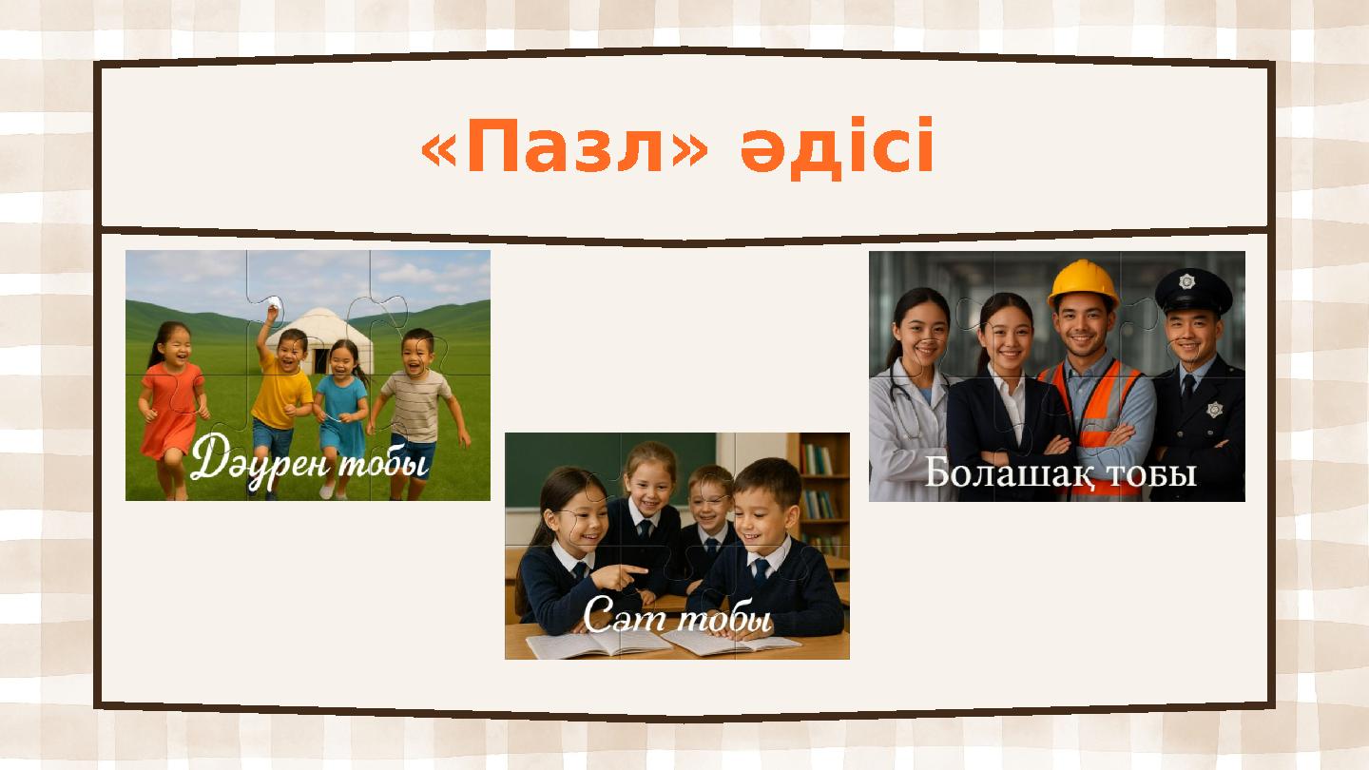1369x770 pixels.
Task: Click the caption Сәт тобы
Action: (x=676, y=617)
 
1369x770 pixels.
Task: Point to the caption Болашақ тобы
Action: (x=1060, y=472)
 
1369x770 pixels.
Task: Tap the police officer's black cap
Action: (x=1192, y=290)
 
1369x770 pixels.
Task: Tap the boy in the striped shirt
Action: (x=418, y=399)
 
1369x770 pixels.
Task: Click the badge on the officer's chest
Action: (x=1214, y=409)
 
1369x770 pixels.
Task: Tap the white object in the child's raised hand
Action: (x=273, y=303)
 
